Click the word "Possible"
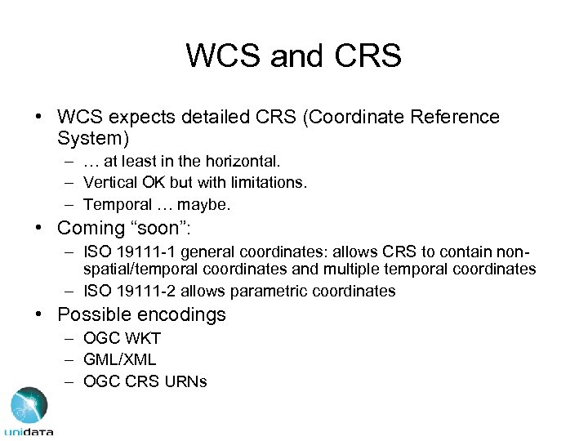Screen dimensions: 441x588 [93, 314]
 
